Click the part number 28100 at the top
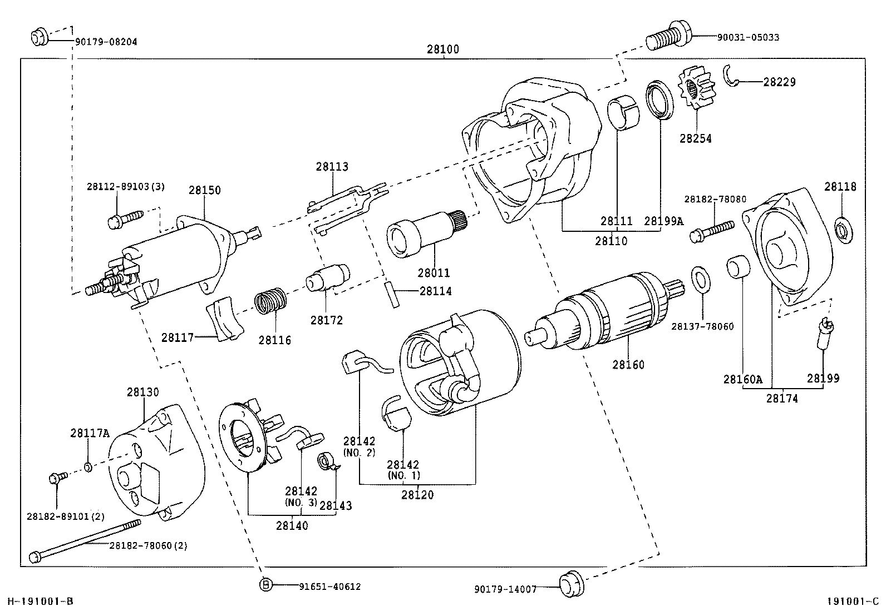tap(443, 49)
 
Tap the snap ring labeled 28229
tap(733, 77)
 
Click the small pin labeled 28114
tap(392, 295)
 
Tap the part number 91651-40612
tap(329, 586)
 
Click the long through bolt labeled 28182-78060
tap(83, 539)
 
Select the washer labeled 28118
tap(843, 230)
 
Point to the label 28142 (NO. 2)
tap(360, 446)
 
